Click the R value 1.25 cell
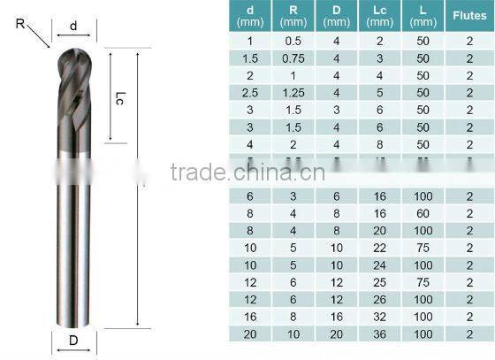(x=293, y=93)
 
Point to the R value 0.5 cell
(x=293, y=40)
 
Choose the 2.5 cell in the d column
(x=249, y=93)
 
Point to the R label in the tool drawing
(x=20, y=25)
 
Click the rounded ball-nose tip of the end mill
(x=73, y=55)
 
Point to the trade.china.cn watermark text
(x=247, y=172)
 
